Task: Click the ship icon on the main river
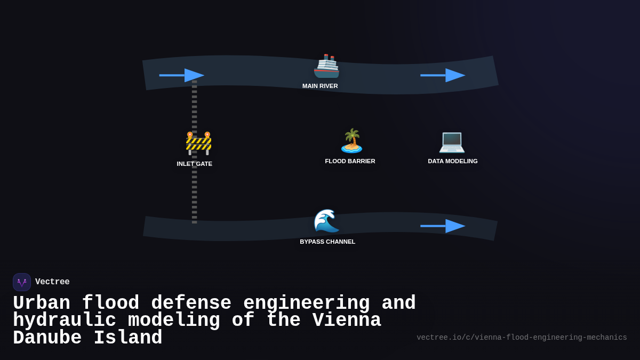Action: tap(326, 66)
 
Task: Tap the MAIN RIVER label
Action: tap(320, 86)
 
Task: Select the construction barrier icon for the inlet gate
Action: tap(198, 143)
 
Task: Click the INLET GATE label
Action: tap(195, 164)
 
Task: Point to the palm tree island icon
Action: tap(351, 141)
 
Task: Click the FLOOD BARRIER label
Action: tap(350, 161)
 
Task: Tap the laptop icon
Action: tap(452, 141)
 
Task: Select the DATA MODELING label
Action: tap(453, 161)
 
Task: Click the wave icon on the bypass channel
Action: tap(326, 221)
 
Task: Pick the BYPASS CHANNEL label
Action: tap(327, 242)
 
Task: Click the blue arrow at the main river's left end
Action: tap(181, 75)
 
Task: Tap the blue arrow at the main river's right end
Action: tap(443, 75)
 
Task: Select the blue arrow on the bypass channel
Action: tap(443, 226)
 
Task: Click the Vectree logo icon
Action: tap(22, 282)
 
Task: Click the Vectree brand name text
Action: tap(52, 282)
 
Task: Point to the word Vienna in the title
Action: tap(347, 321)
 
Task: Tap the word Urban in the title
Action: tap(42, 303)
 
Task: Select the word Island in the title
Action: tap(128, 338)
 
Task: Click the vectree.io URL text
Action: tap(522, 338)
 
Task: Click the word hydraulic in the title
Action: tap(65, 321)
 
